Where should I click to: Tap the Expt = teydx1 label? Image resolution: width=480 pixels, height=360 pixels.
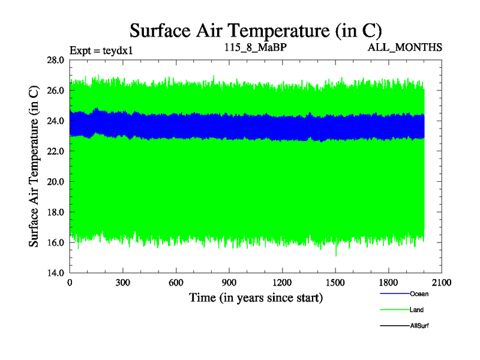(101, 50)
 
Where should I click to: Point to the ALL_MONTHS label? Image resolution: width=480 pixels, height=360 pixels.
(405, 47)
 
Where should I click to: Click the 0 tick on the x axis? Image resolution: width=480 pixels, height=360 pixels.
(70, 283)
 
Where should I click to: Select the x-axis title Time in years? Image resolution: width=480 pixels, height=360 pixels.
(256, 298)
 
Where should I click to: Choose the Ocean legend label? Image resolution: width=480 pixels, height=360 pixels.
(419, 294)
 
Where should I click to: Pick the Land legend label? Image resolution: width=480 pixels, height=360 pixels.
(417, 310)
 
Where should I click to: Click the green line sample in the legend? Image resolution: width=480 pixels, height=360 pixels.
(394, 310)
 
